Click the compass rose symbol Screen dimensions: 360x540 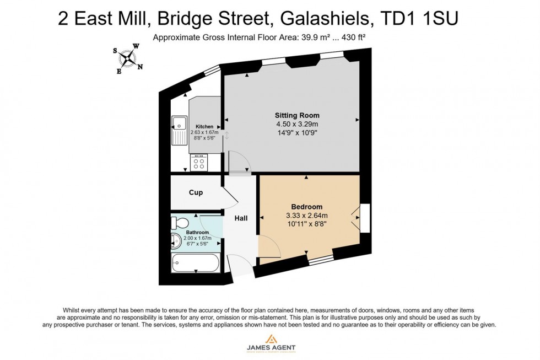coord(128,58)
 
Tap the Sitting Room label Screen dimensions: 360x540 coord(297,115)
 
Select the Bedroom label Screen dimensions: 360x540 coord(307,207)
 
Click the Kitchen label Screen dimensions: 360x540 coord(204,127)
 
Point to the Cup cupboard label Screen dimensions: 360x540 coord(196,192)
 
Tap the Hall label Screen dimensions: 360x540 coord(241,218)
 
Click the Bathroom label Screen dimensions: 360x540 coord(197,233)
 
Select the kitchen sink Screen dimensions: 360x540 coord(180,130)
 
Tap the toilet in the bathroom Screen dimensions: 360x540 coord(179,223)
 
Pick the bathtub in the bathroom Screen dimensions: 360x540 coord(196,262)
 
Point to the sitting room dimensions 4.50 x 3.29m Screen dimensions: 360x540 coord(297,125)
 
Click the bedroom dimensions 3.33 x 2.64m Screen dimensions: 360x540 coord(307,216)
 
